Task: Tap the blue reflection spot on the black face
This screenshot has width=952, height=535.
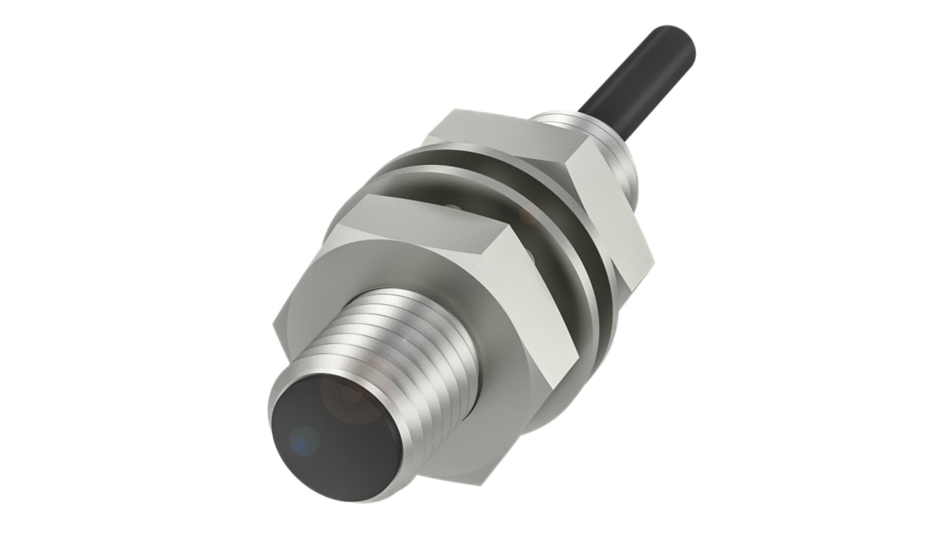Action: [x=305, y=439]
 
